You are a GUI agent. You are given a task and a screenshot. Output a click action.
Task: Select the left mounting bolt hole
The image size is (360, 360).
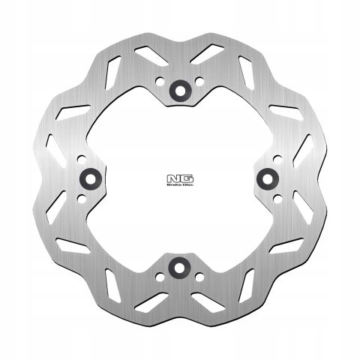pos(91,178)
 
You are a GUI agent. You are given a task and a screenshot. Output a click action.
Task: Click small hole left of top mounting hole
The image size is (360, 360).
pos(160,82)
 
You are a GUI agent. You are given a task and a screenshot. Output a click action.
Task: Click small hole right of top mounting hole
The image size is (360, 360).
pos(199,82)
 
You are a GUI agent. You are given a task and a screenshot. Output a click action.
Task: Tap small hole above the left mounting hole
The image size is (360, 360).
pos(82,158)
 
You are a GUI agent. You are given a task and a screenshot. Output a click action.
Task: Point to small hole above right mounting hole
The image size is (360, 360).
pos(277,158)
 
